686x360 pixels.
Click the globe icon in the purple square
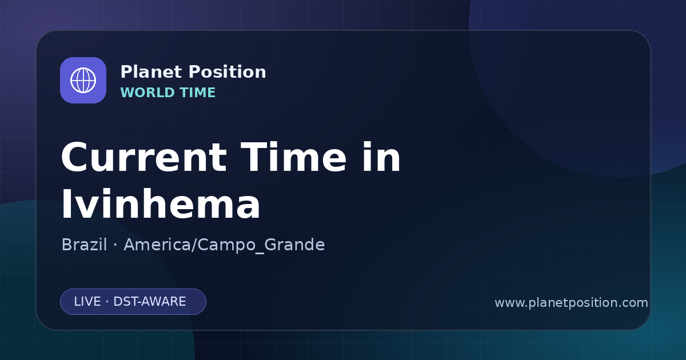[x=83, y=80]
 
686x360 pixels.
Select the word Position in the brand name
[x=228, y=72]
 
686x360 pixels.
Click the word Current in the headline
[x=144, y=157]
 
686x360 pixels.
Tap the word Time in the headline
[x=293, y=157]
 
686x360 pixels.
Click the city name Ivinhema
[x=161, y=203]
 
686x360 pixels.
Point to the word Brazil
[x=84, y=245]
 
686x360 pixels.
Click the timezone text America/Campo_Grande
[x=224, y=245]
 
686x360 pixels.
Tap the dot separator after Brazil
[x=115, y=245]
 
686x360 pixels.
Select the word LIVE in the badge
[x=87, y=302]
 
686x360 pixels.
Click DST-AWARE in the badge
[x=149, y=302]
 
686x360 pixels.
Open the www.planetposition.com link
[x=572, y=303]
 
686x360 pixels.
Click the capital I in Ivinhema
[x=66, y=203]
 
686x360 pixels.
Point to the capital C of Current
[x=75, y=158]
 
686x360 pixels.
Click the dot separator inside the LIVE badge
[x=107, y=302]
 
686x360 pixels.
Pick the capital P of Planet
[x=126, y=72]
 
